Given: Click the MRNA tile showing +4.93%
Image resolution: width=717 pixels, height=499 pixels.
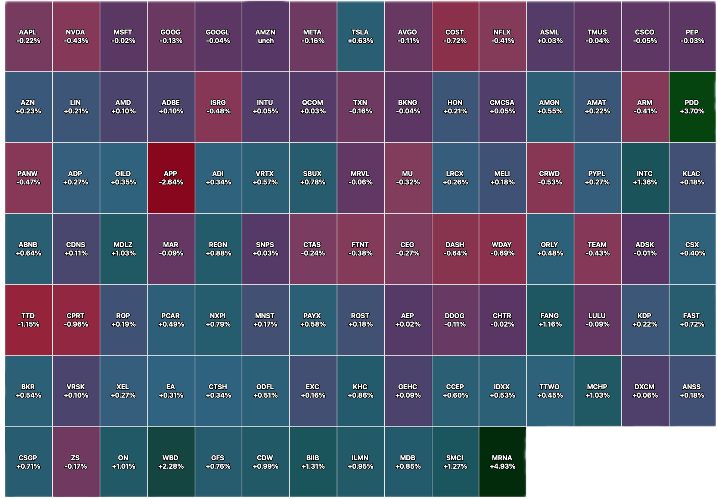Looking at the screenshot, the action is point(503,462).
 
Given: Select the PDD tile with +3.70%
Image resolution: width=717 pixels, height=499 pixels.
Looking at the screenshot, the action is point(692,107).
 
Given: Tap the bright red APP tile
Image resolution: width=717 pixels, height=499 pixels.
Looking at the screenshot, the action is point(171,178).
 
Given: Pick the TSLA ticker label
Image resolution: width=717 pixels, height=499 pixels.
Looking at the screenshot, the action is point(360,32).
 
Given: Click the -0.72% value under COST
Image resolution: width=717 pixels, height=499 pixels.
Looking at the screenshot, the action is point(455,41).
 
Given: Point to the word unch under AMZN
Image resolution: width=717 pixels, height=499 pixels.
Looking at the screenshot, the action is point(266,41).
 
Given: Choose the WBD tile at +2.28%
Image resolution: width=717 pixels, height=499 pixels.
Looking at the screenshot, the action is point(171,462).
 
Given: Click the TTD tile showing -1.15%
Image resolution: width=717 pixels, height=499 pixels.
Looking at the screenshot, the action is point(29,320).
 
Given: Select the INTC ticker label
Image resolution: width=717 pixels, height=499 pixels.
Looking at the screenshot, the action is point(645,173).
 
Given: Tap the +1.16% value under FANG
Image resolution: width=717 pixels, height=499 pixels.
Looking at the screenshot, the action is point(550,324).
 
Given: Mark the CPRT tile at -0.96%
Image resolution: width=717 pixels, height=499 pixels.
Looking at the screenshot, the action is point(76,320).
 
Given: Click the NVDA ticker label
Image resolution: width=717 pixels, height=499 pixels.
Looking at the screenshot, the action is point(75,32).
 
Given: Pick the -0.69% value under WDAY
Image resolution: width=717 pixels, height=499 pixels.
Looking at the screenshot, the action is point(502,253).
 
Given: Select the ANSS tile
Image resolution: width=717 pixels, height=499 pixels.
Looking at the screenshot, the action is point(692,391).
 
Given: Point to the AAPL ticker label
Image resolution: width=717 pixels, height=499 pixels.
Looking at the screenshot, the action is point(28,32).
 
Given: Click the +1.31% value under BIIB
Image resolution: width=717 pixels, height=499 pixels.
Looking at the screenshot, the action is point(313,466).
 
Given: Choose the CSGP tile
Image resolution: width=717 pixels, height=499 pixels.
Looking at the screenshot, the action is point(29,462).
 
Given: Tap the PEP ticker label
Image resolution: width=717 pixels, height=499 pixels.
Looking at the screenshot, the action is point(692,32).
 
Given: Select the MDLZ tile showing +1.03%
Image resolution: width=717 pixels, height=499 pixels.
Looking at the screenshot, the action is point(124,249).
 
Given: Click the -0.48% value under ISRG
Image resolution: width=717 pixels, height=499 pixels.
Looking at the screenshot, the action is point(218,111).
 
